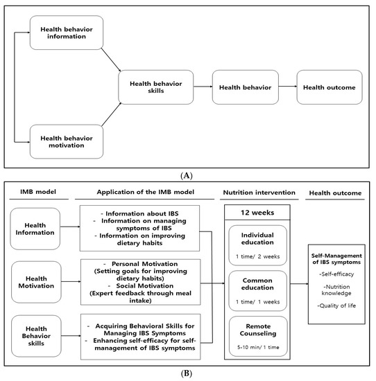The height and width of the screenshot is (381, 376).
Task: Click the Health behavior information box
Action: (x=67, y=32)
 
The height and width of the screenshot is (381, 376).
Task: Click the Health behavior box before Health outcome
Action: (x=240, y=87)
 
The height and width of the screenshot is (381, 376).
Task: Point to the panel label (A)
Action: (x=188, y=175)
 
